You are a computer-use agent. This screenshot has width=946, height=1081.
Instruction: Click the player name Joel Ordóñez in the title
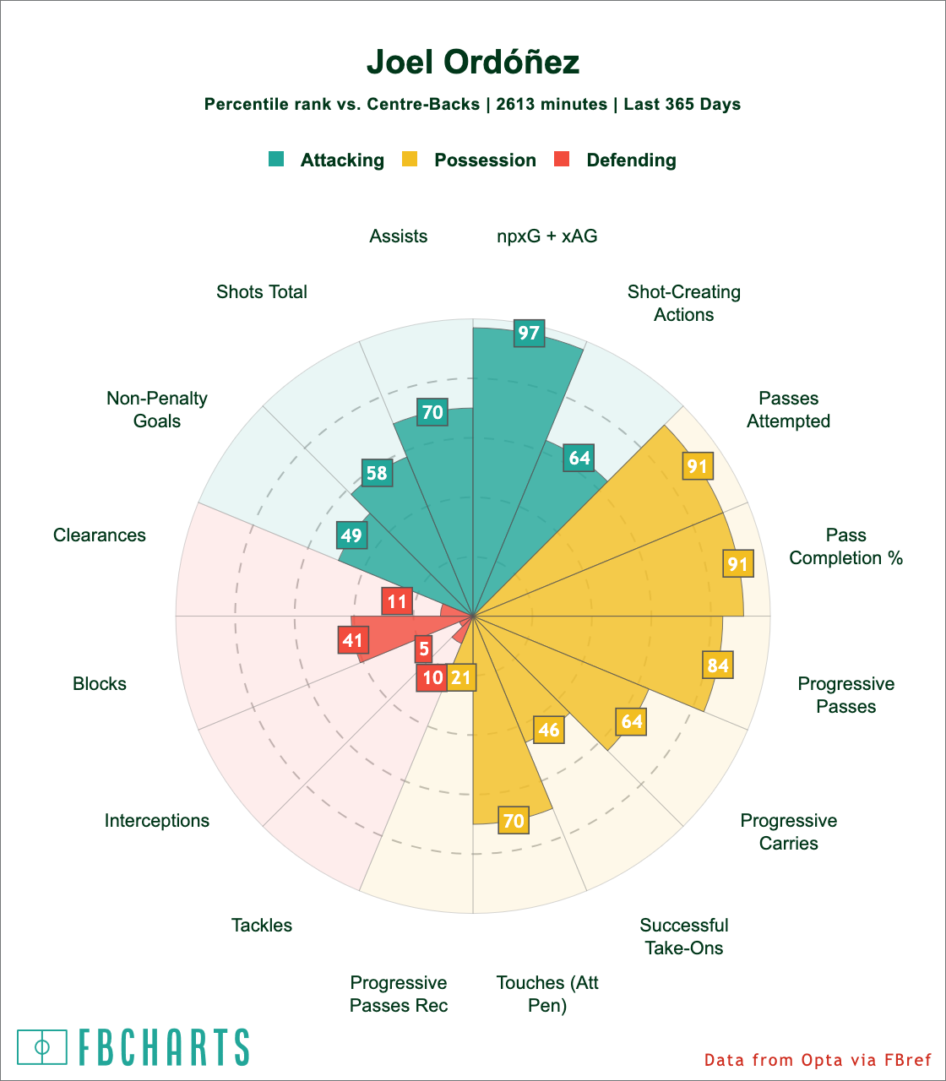[x=473, y=63]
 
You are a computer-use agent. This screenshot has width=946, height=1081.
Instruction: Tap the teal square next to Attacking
[x=276, y=159]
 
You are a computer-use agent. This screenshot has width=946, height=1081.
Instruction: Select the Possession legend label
[x=485, y=160]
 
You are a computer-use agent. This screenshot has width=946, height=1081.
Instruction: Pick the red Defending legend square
[x=561, y=159]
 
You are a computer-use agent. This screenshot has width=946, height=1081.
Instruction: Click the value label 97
[x=529, y=333]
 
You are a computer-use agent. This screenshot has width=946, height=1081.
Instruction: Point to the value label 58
[x=377, y=473]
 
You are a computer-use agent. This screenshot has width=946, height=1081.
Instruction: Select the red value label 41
[x=352, y=640]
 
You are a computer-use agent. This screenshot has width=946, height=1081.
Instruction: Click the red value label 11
[x=397, y=602]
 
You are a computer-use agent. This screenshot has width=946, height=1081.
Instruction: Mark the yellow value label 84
[x=718, y=665]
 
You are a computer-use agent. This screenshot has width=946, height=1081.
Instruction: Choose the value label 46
[x=549, y=729]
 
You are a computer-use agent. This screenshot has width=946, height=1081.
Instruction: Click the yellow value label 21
[x=461, y=677]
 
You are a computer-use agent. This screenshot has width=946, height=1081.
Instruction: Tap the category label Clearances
[x=100, y=535]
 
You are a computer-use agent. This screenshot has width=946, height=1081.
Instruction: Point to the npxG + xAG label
[x=547, y=236]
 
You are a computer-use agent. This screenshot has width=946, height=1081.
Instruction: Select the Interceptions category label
[x=157, y=821]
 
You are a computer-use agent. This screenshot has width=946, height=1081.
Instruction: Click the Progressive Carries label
[x=789, y=832]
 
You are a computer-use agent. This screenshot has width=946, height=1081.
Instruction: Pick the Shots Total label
[x=262, y=292]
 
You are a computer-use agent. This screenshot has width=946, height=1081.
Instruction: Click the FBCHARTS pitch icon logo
[x=42, y=1046]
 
